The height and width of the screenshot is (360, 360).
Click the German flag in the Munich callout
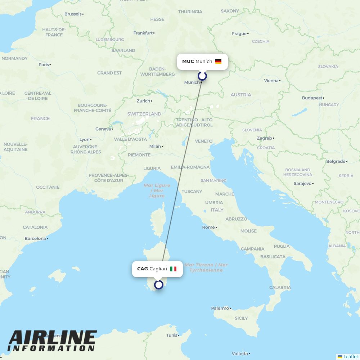coord(218,62)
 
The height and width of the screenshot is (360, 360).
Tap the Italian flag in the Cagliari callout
coord(173,269)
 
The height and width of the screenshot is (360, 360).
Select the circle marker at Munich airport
coord(202,76)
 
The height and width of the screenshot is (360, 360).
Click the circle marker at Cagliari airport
coord(159,285)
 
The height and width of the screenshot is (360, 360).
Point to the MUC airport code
coord(188,62)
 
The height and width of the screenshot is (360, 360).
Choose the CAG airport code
coord(143,269)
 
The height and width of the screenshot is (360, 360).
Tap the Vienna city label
coord(271,81)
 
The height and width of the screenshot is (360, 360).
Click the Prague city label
coord(239,33)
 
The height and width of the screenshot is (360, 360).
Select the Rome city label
coord(208,227)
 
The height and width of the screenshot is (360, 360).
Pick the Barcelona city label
coord(35,238)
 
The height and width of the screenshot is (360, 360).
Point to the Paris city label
coord(44,64)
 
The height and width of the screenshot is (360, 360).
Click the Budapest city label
coord(312,98)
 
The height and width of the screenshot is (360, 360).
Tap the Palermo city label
coord(220,308)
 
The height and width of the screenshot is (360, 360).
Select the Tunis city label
coord(172,335)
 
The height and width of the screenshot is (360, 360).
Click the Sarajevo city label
coord(302,184)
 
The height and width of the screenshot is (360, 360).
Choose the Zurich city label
coord(143,101)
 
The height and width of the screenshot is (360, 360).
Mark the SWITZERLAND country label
coord(144,114)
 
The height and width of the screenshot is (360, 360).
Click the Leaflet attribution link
coord(351,356)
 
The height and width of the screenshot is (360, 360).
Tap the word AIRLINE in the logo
coord(53,338)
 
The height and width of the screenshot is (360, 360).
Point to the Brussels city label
coord(73,14)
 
